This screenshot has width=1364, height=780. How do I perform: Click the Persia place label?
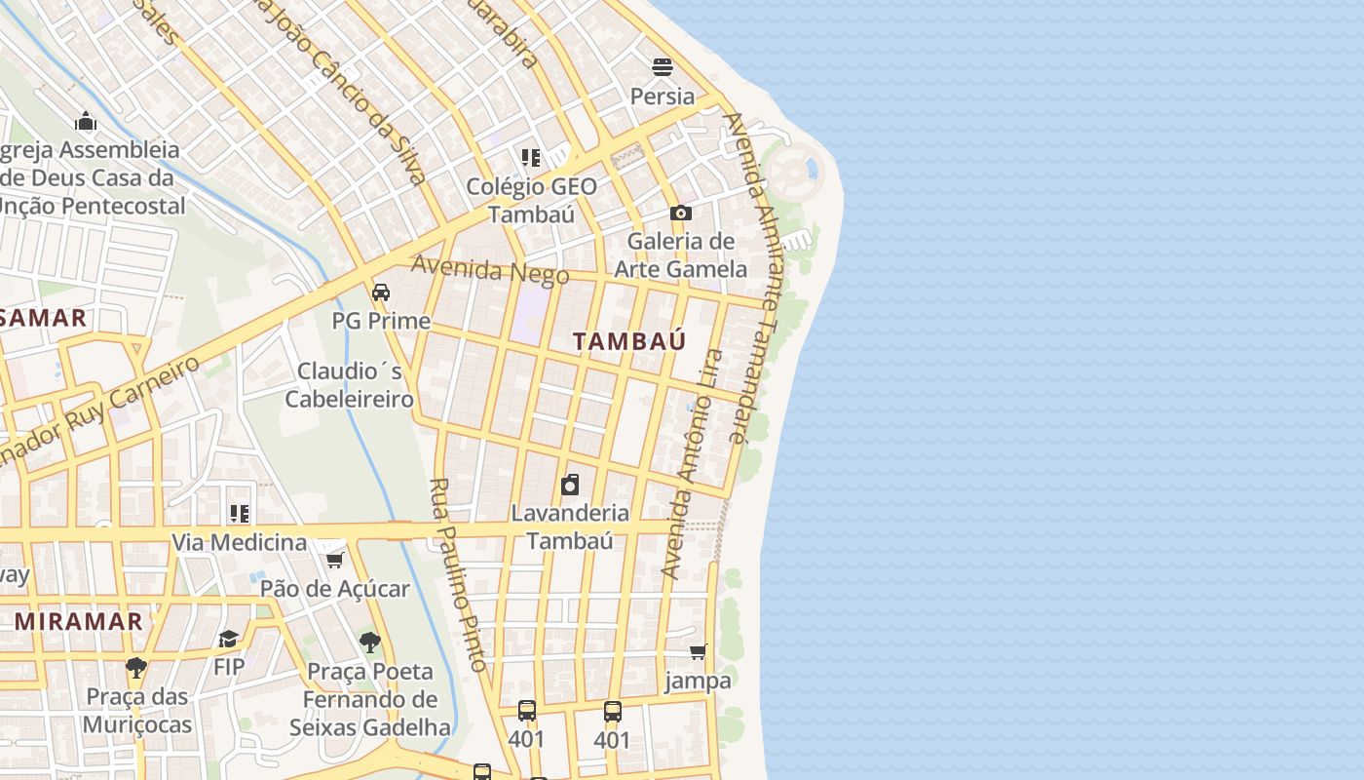click(663, 96)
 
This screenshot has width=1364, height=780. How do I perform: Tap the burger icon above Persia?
click(663, 67)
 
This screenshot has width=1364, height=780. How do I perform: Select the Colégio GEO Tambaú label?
click(531, 200)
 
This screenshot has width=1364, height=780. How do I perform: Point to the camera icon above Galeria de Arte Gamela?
click(680, 213)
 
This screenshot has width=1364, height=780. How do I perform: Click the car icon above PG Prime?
click(381, 292)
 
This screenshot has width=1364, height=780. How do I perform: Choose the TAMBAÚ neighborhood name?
click(629, 341)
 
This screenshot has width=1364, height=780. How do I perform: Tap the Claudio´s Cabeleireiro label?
click(350, 385)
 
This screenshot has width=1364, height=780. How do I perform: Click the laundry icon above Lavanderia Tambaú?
click(570, 485)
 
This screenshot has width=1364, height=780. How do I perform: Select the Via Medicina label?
click(240, 542)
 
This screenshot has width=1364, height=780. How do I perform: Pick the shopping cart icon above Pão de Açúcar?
click(334, 560)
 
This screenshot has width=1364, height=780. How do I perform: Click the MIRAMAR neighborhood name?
click(79, 621)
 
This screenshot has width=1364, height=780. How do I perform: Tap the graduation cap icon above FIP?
click(228, 639)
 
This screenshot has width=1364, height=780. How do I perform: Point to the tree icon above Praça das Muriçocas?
click(136, 668)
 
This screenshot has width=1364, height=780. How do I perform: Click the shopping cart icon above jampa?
click(698, 651)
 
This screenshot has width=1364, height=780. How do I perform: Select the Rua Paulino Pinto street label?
click(458, 575)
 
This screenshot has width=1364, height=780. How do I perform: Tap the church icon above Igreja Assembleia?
click(86, 122)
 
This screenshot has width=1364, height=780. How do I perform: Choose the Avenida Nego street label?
click(489, 269)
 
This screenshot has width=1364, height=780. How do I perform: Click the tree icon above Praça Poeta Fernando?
click(369, 642)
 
